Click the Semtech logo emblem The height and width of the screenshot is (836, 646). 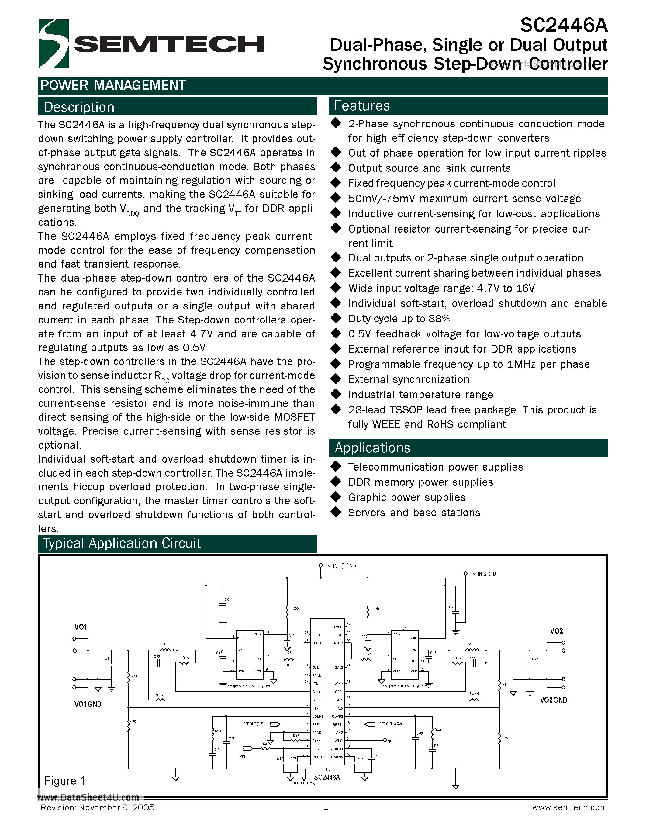(x=53, y=44)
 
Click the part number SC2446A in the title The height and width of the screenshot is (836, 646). (x=563, y=25)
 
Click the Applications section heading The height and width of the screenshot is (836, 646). (x=372, y=448)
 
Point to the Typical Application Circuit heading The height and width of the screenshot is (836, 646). (x=122, y=544)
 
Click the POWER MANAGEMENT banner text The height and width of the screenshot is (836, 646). (x=113, y=85)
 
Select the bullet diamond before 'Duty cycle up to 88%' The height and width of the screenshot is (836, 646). (x=336, y=318)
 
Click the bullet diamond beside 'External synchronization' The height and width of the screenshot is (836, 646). (x=336, y=379)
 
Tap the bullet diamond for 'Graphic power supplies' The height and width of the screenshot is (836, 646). (x=336, y=497)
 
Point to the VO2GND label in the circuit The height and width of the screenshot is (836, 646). (x=553, y=700)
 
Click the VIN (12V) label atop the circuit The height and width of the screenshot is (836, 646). (x=341, y=566)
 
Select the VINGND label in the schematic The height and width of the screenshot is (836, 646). (x=484, y=574)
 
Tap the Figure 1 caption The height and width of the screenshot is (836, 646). (x=64, y=781)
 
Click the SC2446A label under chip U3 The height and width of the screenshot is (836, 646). (x=327, y=777)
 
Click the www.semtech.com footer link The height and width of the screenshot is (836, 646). (x=569, y=807)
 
